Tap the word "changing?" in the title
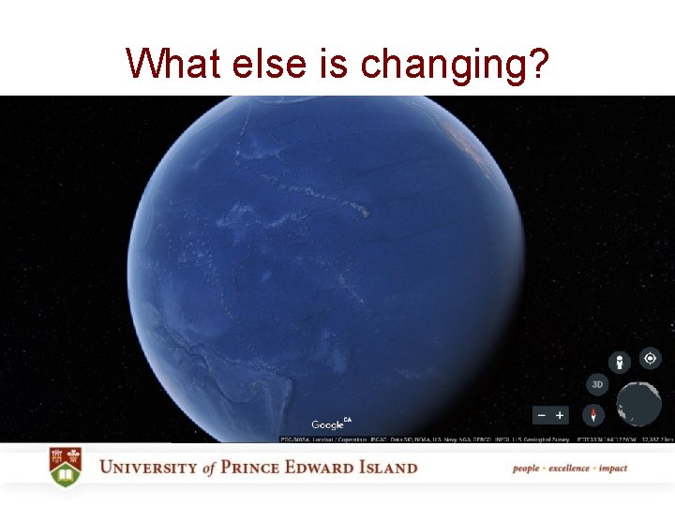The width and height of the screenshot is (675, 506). [455, 65]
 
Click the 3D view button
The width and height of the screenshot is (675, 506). [597, 384]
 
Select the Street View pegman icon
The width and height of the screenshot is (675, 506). [619, 363]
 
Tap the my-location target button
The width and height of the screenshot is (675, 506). [650, 358]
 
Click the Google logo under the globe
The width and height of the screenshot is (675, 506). [329, 424]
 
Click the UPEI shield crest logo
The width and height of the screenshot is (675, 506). [66, 467]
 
